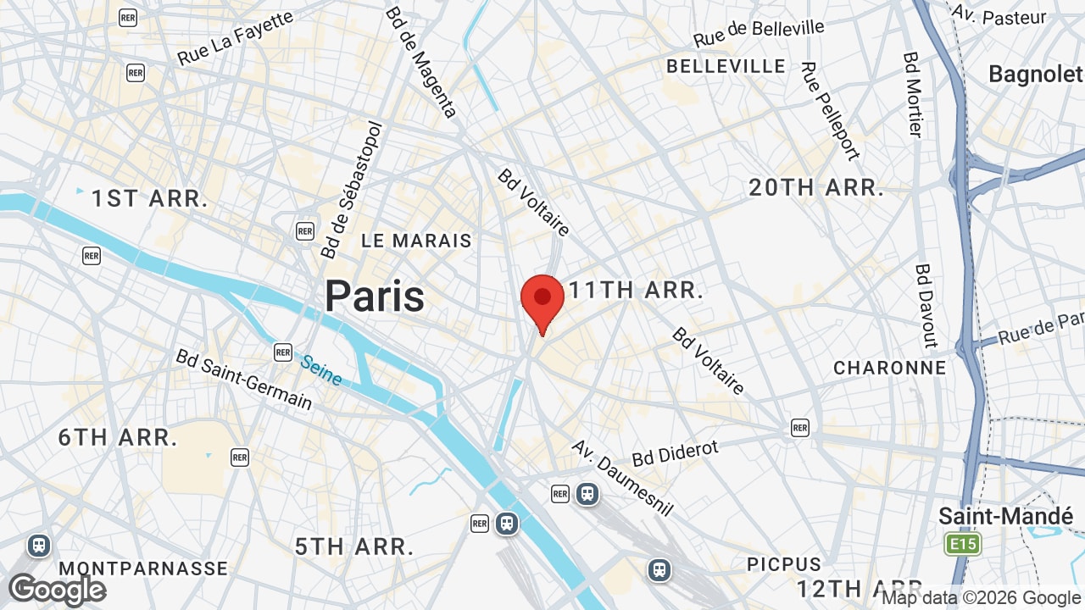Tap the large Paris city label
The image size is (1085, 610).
[375, 297]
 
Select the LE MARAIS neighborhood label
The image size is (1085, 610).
[416, 241]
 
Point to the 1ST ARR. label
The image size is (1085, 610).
[150, 199]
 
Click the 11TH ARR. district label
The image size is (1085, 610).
[636, 291]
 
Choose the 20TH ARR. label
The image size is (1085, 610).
[816, 188]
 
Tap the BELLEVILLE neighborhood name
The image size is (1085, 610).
[726, 66]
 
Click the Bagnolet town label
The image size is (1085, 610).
[1035, 75]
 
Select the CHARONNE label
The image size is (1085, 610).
[889, 368]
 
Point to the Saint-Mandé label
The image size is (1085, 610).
[1005, 516]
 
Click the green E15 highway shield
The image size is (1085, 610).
[963, 544]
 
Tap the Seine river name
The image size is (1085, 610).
[321, 369]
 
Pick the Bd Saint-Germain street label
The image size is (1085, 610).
[244, 378]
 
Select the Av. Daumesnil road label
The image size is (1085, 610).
[621, 478]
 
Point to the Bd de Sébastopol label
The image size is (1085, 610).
[352, 190]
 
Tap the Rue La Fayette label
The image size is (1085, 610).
[236, 38]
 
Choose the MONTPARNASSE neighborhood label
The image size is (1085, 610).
[144, 568]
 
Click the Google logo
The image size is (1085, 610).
[58, 590]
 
